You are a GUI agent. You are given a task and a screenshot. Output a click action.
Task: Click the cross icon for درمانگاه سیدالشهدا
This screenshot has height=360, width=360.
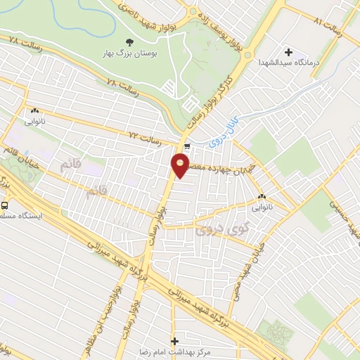point(288,51)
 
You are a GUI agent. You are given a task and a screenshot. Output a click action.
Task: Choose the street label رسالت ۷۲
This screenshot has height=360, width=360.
point(144,135)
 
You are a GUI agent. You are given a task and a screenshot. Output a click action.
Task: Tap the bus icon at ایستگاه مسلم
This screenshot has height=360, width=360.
point(5,206)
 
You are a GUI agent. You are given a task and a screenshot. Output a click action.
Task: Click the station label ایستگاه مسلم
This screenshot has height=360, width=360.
point(20,217)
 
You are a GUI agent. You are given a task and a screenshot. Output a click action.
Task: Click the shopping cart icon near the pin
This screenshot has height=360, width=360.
point(187,147)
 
